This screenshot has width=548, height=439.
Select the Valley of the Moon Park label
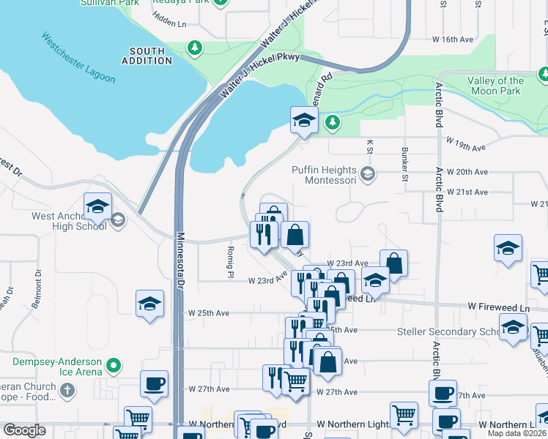495,86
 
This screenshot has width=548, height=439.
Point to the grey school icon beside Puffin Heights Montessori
369,173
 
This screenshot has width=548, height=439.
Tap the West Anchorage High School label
70,221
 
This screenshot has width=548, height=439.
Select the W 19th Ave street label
466,147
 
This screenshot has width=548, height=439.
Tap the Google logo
24,430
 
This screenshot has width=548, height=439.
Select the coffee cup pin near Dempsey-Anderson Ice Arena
154,384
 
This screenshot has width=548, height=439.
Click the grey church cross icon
67,390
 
